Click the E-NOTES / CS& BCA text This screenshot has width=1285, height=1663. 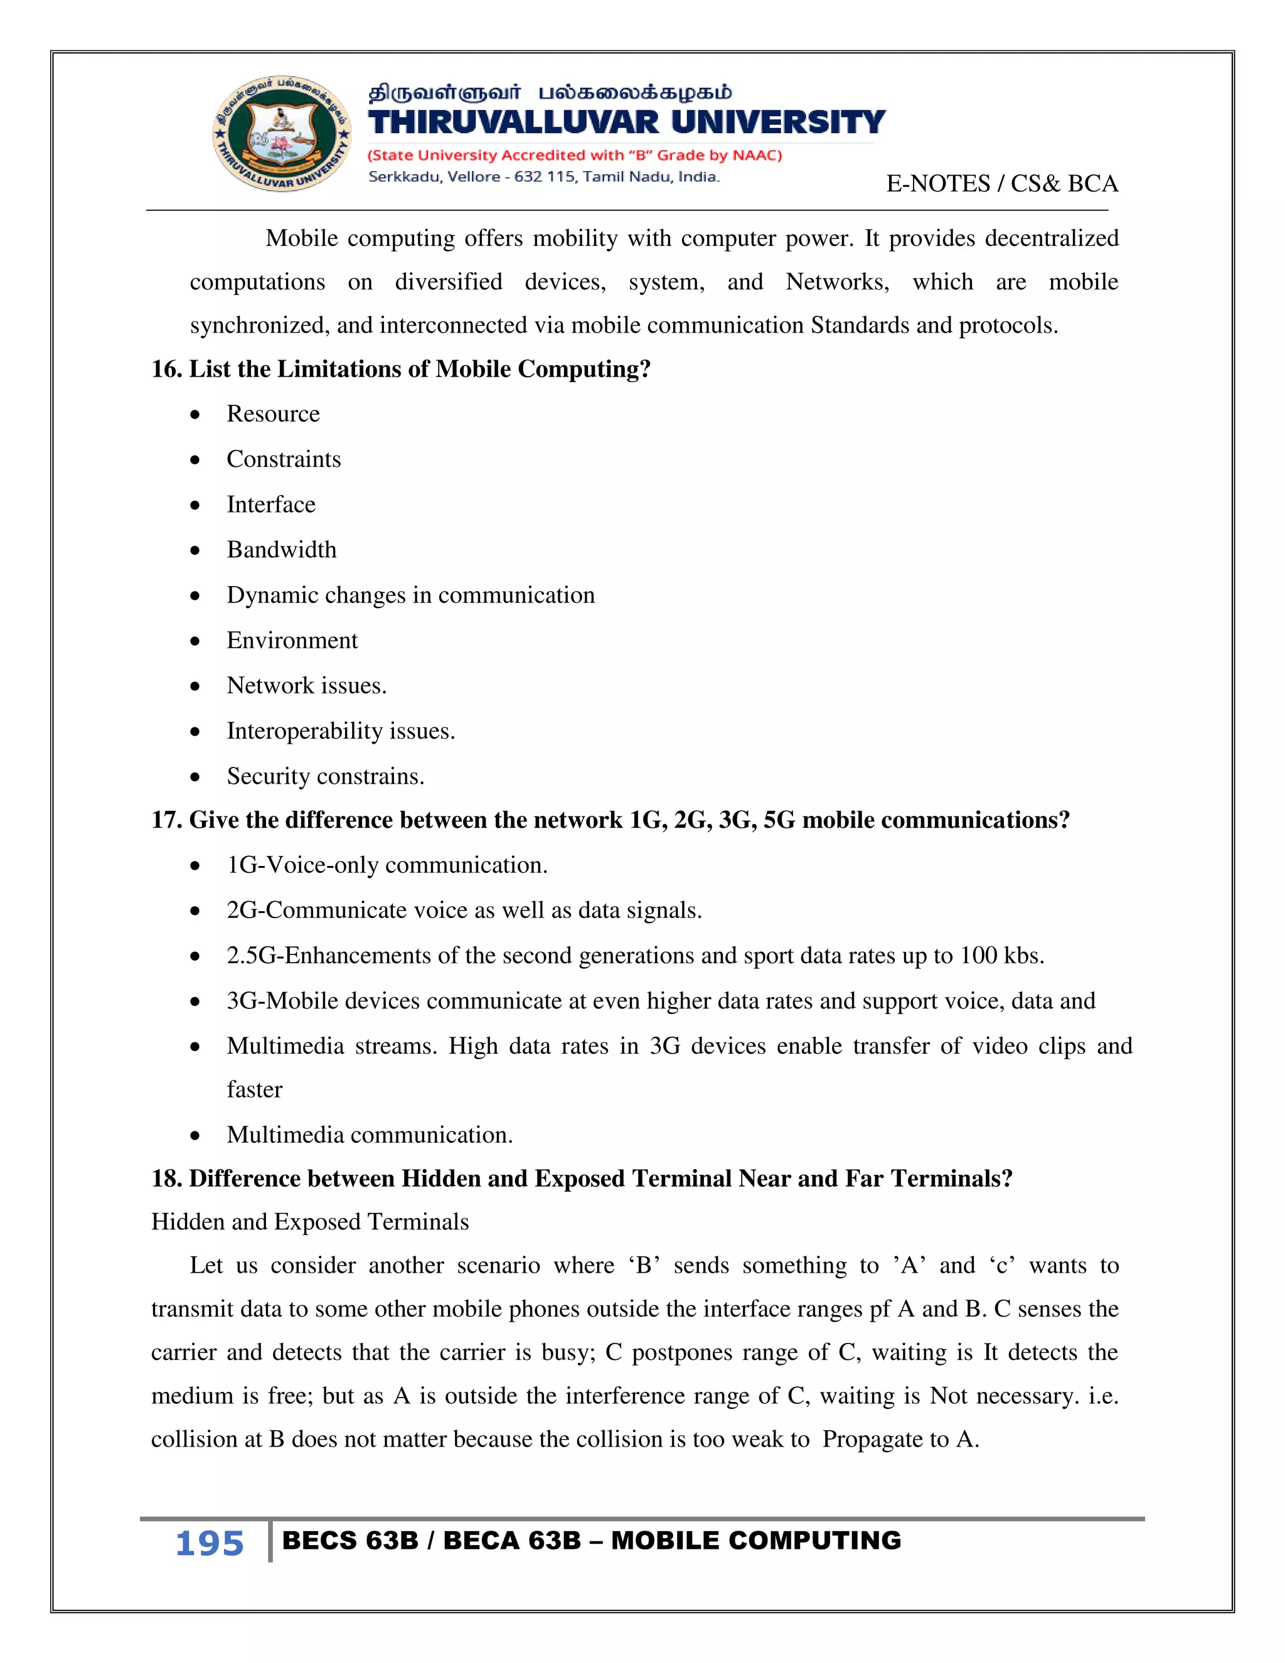[1002, 183]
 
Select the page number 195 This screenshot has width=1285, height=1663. [210, 1544]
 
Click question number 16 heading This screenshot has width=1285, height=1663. [400, 369]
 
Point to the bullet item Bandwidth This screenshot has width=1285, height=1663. [281, 550]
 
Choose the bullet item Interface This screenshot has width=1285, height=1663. [270, 505]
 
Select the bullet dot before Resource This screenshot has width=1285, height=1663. [196, 415]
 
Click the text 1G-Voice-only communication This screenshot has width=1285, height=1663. [387, 865]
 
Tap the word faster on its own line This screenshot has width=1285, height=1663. [254, 1089]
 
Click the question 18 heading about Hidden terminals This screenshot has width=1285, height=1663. [582, 1179]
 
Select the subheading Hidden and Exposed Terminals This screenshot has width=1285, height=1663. [310, 1222]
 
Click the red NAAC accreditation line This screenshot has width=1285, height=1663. [575, 156]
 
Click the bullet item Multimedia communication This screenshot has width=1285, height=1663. [369, 1135]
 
